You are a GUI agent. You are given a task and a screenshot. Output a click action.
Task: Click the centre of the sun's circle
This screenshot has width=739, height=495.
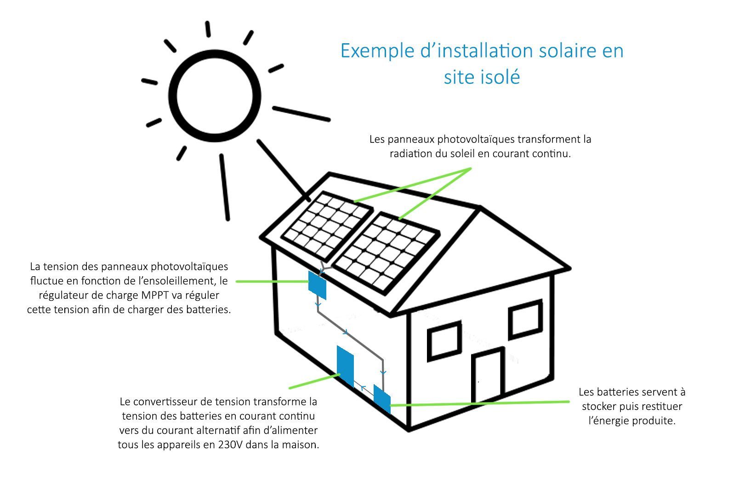[216, 95]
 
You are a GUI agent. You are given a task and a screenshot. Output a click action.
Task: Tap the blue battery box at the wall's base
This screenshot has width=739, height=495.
[381, 398]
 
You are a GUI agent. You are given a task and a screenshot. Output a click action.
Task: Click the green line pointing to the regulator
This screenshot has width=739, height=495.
[271, 281]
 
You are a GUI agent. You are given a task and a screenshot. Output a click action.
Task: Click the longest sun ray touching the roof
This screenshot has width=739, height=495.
[283, 170]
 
